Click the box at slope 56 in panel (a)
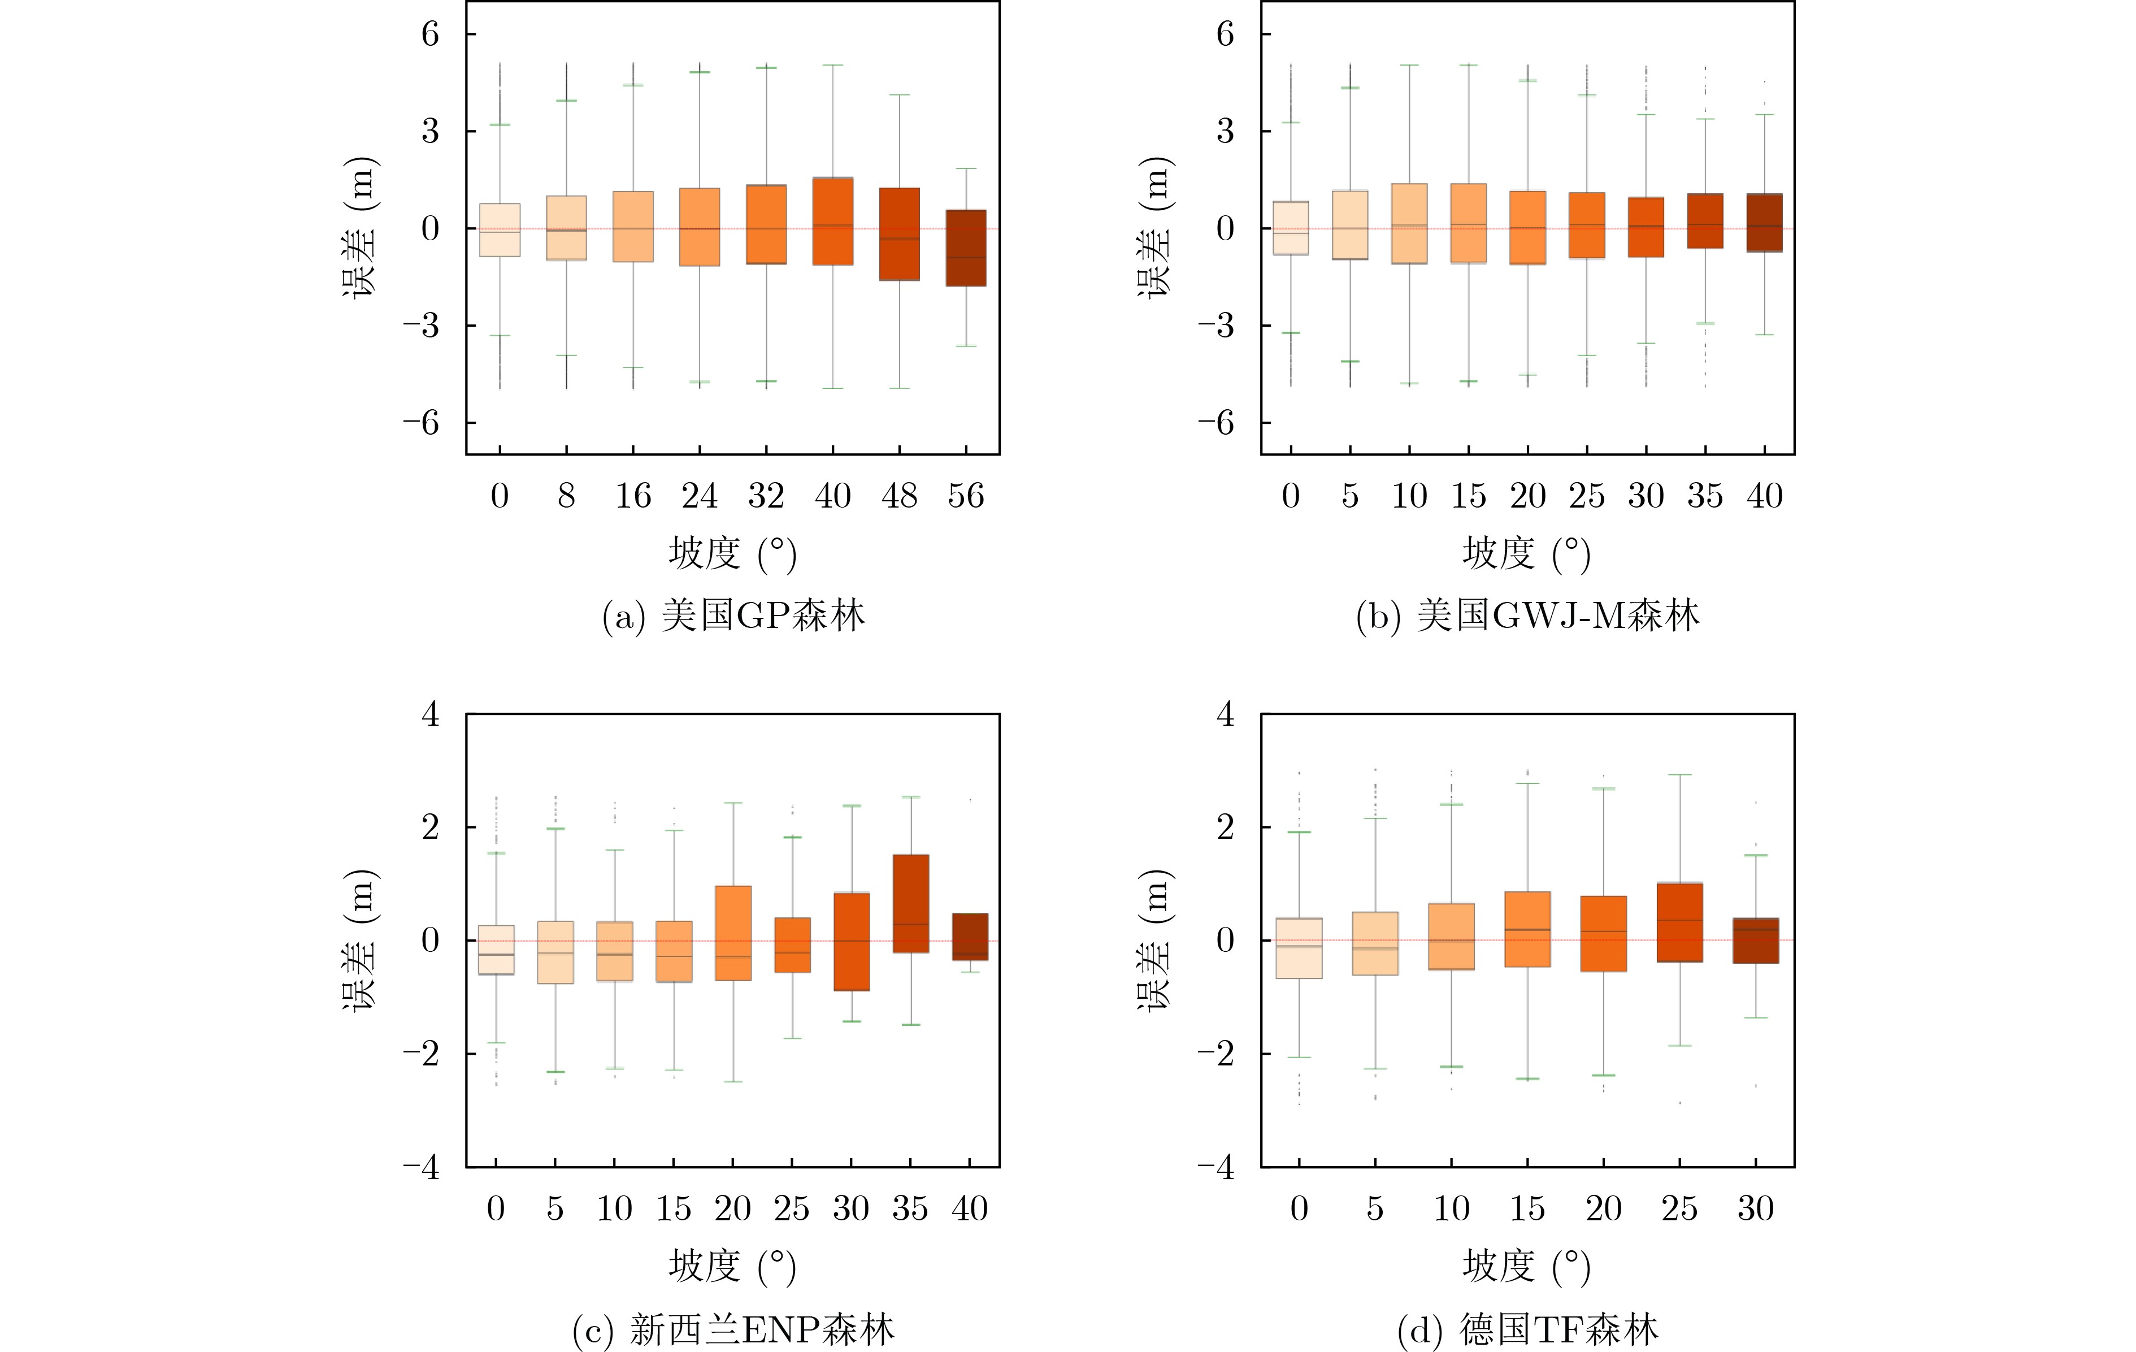coord(965,248)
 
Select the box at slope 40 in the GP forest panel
coord(833,221)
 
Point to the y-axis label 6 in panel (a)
coord(430,34)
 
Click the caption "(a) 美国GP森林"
coord(733,616)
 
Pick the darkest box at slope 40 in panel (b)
coord(1764,223)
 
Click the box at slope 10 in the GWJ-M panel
coord(1409,224)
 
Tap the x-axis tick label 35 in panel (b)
coord(1705,495)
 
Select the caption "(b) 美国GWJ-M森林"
coord(1527,616)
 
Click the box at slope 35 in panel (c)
coord(910,903)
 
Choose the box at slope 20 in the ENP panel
coord(733,933)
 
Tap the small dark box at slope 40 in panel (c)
coord(970,936)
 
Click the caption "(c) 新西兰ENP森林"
coord(733,1329)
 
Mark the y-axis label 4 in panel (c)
coord(430,713)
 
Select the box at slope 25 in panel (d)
coord(1679,922)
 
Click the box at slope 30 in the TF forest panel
coord(1756,941)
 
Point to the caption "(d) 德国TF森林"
coord(1527,1329)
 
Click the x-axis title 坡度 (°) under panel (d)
coord(1527,1266)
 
